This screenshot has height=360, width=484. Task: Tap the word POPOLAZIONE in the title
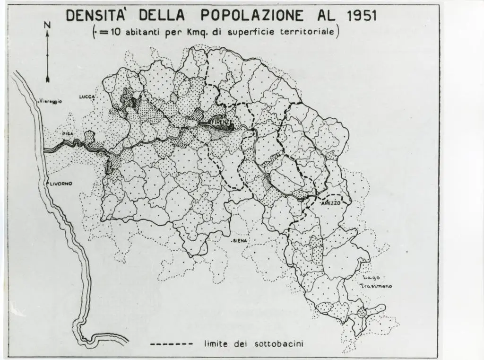pyautogui.click(x=252, y=15)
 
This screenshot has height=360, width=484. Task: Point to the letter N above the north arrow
pyautogui.click(x=47, y=25)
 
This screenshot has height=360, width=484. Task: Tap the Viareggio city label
pyautogui.click(x=51, y=101)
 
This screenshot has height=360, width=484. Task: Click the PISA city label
pyautogui.click(x=68, y=134)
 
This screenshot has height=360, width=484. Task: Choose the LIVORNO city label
pyautogui.click(x=60, y=184)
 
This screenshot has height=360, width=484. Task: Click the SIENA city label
pyautogui.click(x=241, y=241)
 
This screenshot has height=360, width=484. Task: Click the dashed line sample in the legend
pyautogui.click(x=171, y=344)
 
